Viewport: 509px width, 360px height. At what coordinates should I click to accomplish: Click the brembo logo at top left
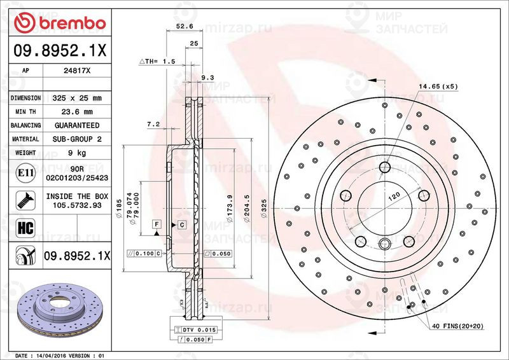59,23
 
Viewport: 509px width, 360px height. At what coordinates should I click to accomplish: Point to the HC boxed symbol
24,228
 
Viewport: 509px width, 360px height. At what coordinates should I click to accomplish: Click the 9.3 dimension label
207,78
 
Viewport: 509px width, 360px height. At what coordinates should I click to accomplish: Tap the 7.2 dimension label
152,125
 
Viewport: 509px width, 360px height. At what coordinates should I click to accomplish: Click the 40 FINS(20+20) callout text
457,325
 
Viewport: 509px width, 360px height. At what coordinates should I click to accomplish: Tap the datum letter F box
156,225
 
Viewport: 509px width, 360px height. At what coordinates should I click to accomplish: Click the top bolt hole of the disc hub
384,167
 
